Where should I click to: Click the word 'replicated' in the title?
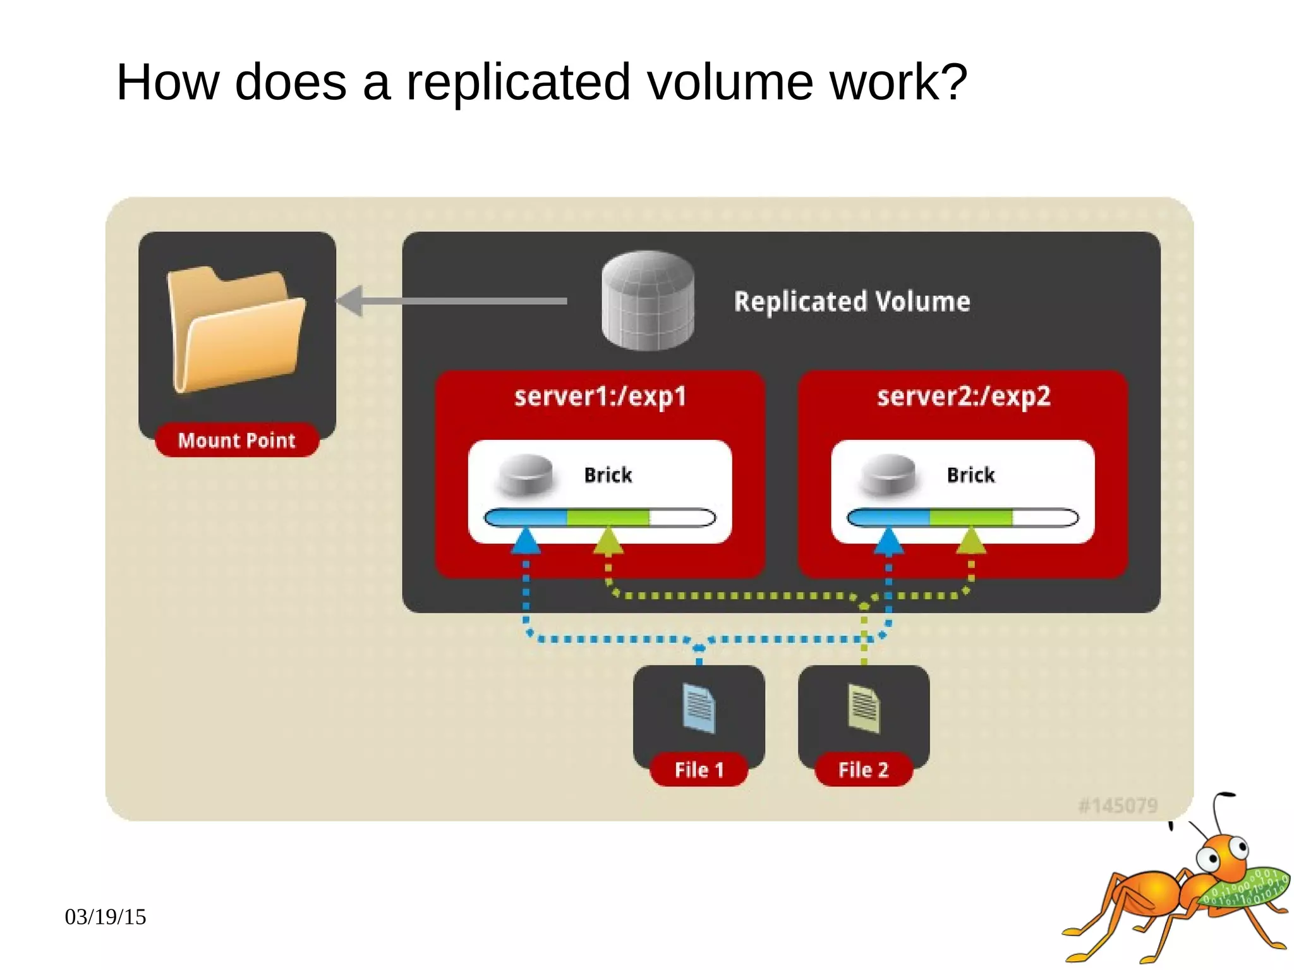[x=518, y=82]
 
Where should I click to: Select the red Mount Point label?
[x=237, y=440]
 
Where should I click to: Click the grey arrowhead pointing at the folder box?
[x=349, y=301]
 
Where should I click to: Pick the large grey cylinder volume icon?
[x=648, y=300]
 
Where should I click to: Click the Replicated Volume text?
[x=852, y=301]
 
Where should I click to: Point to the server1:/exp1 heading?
[x=600, y=397]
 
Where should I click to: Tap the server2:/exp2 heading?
[x=963, y=397]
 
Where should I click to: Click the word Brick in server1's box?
[x=608, y=475]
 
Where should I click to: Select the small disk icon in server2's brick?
[x=889, y=474]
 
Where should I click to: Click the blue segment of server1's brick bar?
[x=526, y=518]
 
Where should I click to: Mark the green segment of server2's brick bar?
[x=970, y=518]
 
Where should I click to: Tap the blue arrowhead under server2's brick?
[x=889, y=542]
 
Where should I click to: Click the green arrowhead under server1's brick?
[x=608, y=542]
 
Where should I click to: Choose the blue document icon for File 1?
[x=699, y=708]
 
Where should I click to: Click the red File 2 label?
[x=863, y=770]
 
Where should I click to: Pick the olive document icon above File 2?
[x=864, y=708]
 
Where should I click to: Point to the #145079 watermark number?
[x=1118, y=806]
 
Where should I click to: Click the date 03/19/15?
[x=106, y=917]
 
